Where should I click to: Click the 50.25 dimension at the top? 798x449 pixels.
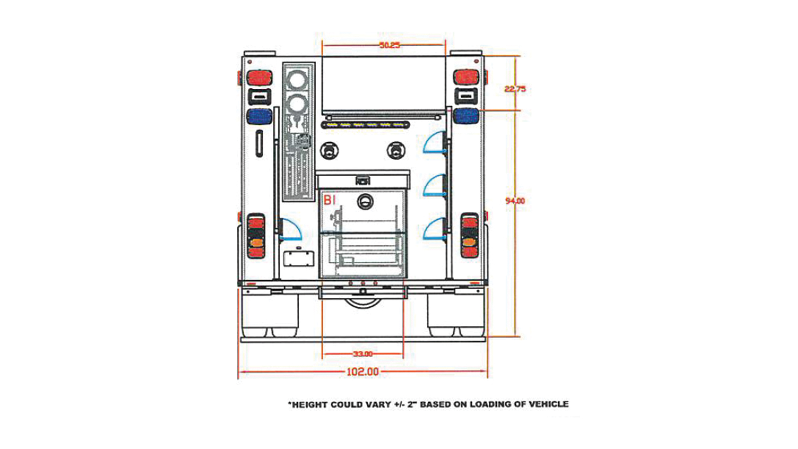pyautogui.click(x=390, y=45)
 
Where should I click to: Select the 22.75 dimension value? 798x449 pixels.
pyautogui.click(x=515, y=89)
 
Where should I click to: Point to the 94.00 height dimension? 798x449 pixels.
pyautogui.click(x=515, y=201)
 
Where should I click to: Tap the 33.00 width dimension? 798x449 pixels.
pyautogui.click(x=363, y=354)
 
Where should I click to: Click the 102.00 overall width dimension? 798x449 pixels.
pyautogui.click(x=363, y=372)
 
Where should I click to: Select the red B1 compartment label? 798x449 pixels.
pyautogui.click(x=330, y=200)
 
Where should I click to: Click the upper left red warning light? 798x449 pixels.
pyautogui.click(x=259, y=78)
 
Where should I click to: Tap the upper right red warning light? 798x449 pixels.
pyautogui.click(x=466, y=77)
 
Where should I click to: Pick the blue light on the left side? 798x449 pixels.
pyautogui.click(x=259, y=116)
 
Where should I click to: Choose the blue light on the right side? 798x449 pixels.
pyautogui.click(x=466, y=116)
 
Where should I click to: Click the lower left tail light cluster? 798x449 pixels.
pyautogui.click(x=256, y=236)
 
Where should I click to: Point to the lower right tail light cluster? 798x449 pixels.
pyautogui.click(x=469, y=236)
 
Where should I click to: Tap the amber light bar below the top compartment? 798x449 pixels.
pyautogui.click(x=366, y=125)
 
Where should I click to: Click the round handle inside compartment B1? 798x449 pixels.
pyautogui.click(x=365, y=201)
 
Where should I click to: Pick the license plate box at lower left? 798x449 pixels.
pyautogui.click(x=299, y=258)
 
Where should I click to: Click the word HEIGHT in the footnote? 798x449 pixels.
pyautogui.click(x=309, y=405)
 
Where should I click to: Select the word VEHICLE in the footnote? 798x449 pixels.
pyautogui.click(x=548, y=404)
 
